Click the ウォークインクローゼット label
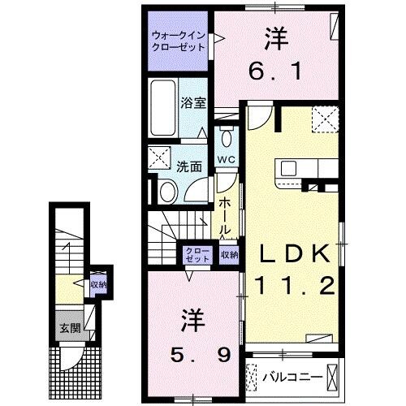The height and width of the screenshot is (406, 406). (178, 41)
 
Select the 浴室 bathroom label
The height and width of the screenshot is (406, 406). (192, 103)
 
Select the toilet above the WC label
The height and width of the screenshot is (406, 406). (226, 133)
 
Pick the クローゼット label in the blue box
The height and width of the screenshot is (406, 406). (197, 255)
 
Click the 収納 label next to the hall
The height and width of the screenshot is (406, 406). (229, 255)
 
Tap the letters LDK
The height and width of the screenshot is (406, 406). (294, 254)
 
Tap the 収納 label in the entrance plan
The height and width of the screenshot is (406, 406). (98, 284)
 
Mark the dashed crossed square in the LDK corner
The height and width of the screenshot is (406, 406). (327, 122)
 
